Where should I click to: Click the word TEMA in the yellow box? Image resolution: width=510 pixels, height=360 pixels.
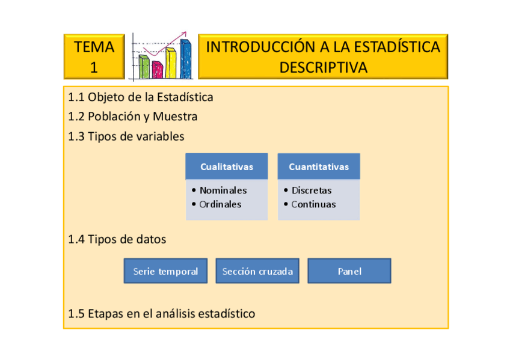point(94,47)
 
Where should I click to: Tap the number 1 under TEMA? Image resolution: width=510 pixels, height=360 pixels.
point(94,67)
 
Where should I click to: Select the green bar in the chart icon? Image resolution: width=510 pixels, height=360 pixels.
point(144,67)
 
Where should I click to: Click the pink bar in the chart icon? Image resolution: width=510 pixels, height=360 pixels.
point(158,70)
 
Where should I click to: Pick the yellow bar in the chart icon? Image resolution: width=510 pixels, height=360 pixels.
point(171,63)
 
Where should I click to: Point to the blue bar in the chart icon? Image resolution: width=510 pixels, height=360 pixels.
point(186,59)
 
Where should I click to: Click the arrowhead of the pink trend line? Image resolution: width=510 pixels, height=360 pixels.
point(184,34)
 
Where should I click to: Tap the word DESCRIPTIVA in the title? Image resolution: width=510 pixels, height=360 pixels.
point(324,67)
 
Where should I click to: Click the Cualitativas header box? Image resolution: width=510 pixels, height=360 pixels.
point(227,166)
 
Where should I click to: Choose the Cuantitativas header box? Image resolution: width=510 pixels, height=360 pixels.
point(319,166)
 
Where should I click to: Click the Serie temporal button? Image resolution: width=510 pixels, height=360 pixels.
point(165,271)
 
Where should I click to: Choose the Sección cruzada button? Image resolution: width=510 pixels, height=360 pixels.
point(257,271)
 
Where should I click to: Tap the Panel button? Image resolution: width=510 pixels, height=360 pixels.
point(349,271)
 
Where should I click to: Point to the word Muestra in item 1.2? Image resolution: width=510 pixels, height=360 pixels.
point(175,117)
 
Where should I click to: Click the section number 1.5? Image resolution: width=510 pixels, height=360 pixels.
point(76,314)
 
